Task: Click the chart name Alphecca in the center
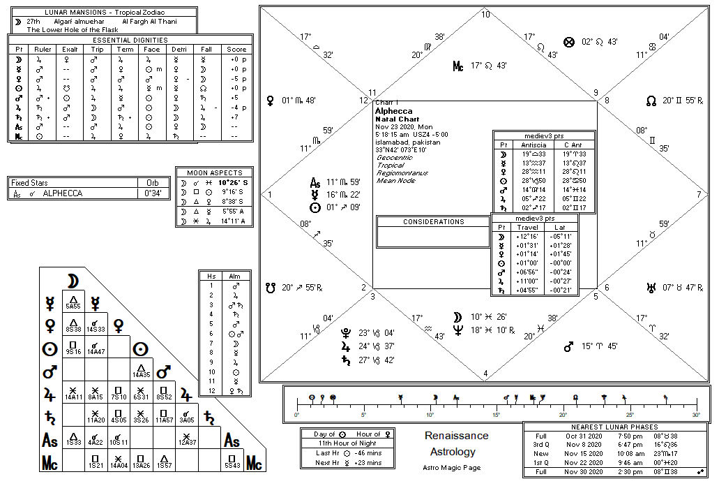pos(393,111)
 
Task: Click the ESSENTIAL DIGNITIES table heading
pos(122,40)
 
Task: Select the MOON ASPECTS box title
pos(215,172)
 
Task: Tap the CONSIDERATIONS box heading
pos(433,222)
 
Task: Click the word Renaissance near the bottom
pos(456,436)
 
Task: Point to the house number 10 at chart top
pos(485,15)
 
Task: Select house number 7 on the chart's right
pos(699,194)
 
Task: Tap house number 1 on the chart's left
pos(269,194)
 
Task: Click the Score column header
pos(236,50)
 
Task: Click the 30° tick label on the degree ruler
pos(696,415)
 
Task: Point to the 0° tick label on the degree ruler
pos(297,415)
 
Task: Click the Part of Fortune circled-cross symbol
pos(568,42)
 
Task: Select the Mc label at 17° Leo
pos(457,66)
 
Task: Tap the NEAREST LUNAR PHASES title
pos(614,427)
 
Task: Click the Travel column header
pos(527,227)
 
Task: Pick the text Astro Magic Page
pos(451,467)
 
